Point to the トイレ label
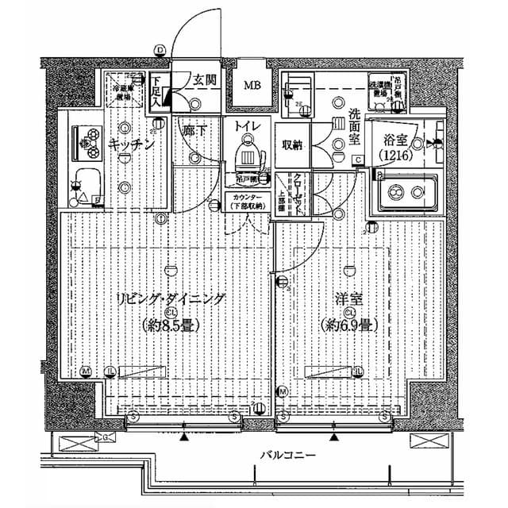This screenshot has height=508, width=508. tap(248, 124)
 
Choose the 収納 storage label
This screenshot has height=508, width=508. tap(292, 144)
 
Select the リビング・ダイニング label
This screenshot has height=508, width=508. tap(171, 298)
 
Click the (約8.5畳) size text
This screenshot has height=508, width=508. tap(171, 325)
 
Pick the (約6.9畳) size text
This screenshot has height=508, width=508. tap(348, 325)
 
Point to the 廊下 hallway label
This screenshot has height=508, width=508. tap(193, 129)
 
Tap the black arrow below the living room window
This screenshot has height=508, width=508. tap(185, 436)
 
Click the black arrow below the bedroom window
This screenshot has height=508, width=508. tap(334, 436)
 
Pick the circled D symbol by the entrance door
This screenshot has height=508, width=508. tap(160, 50)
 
